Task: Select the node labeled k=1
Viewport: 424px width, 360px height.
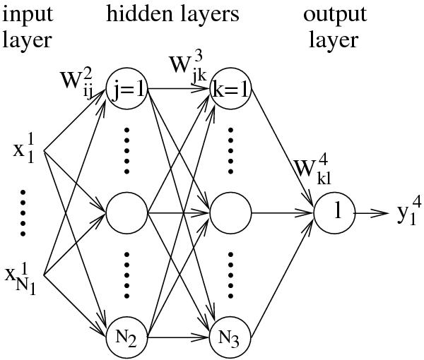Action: click(230, 90)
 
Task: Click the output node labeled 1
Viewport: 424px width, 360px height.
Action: click(334, 211)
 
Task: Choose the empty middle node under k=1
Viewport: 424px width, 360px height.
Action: click(230, 211)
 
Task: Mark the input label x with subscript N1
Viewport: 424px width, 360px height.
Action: click(25, 275)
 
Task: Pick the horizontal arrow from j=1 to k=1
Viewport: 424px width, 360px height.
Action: click(178, 90)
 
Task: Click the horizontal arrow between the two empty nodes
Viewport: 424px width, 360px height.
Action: click(178, 211)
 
